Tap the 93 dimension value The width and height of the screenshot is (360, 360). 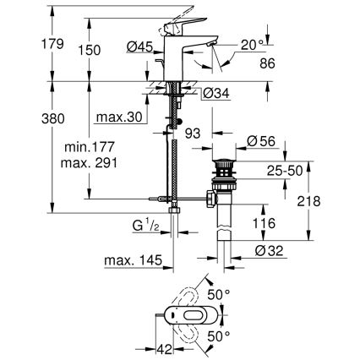point(192,134)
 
